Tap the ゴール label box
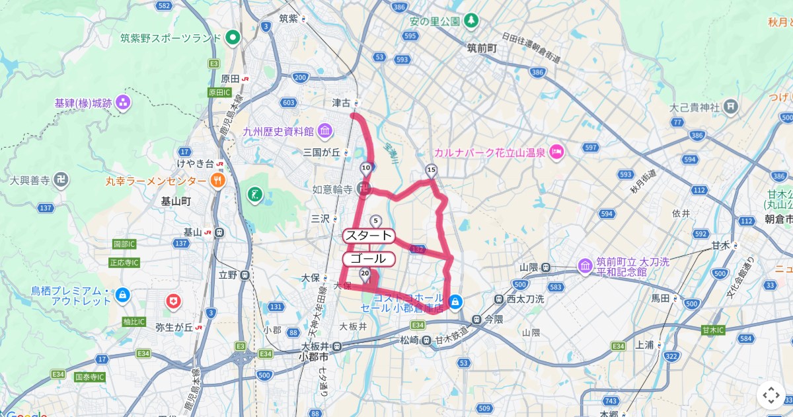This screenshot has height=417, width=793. coord(369,259)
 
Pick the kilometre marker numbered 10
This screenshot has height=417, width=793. coord(366,169)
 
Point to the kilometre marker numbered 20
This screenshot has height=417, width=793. coord(365,273)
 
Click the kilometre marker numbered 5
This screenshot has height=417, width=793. coord(376,221)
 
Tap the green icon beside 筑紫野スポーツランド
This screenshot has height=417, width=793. coord(232,38)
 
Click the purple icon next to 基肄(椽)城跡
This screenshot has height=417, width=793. coord(122,103)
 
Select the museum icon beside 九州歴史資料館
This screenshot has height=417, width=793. coord(324,130)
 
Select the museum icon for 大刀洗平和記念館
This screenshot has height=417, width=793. coord(584,266)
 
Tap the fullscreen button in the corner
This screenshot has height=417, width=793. coord(771,395)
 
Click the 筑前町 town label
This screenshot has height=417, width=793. coord(481,48)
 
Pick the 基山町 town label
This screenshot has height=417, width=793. coord(176,201)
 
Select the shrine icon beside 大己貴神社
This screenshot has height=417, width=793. coord(730,106)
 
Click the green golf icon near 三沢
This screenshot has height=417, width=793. coord(254,195)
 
